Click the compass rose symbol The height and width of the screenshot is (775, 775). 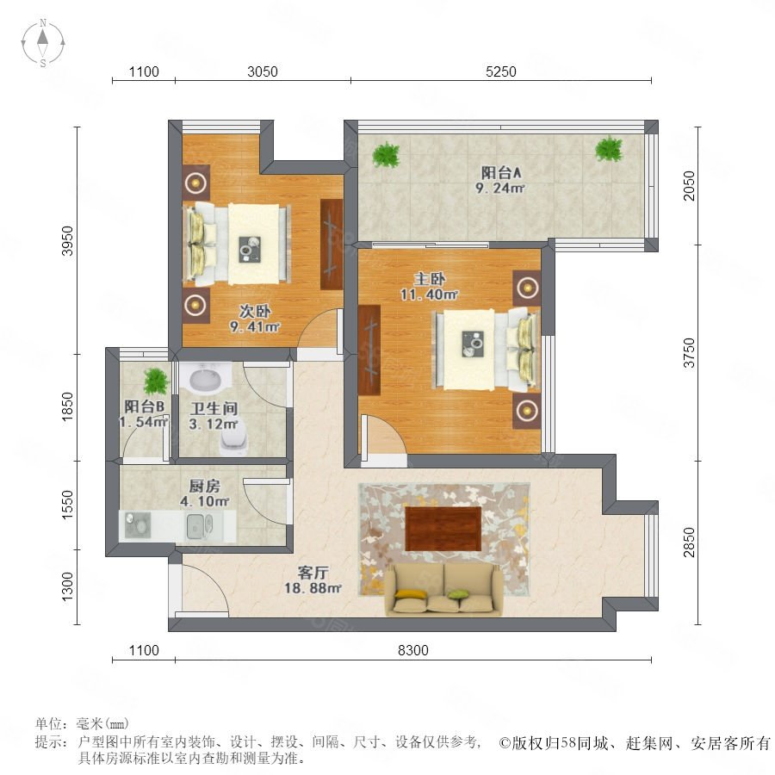[x=43, y=43]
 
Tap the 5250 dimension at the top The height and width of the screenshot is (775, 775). [x=500, y=71]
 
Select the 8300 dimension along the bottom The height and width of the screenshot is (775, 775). [x=413, y=650]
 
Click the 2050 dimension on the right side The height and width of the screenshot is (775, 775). [x=689, y=186]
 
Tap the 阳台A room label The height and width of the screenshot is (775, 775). [x=501, y=172]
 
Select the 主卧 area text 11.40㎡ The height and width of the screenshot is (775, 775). [x=429, y=295]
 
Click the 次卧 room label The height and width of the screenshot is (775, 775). [x=255, y=312]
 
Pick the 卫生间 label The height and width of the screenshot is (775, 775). [x=214, y=408]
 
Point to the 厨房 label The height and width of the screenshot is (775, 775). [x=205, y=486]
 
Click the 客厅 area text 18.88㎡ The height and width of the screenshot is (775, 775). [x=313, y=588]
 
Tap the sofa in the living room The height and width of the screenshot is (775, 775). [x=443, y=589]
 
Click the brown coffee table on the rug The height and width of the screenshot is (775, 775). [x=443, y=529]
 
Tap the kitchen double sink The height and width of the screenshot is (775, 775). [x=200, y=526]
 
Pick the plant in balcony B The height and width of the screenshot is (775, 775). [x=156, y=381]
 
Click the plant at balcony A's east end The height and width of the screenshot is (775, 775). [x=609, y=149]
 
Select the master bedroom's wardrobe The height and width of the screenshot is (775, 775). [x=369, y=350]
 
